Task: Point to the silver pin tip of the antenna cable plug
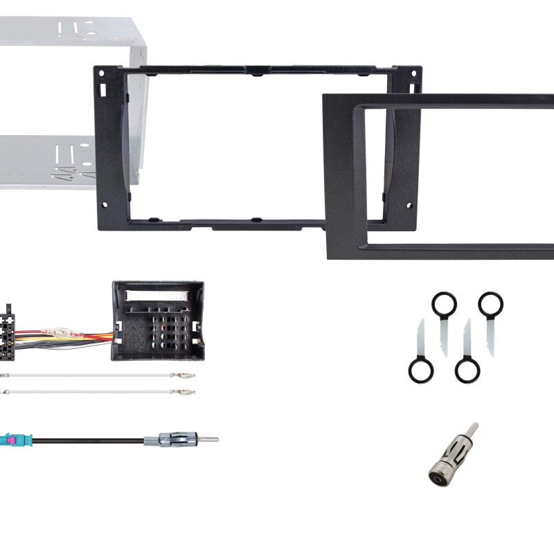[208, 439]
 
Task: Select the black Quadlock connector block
[158, 320]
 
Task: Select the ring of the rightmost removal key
[490, 303]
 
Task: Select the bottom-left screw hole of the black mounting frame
[104, 205]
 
